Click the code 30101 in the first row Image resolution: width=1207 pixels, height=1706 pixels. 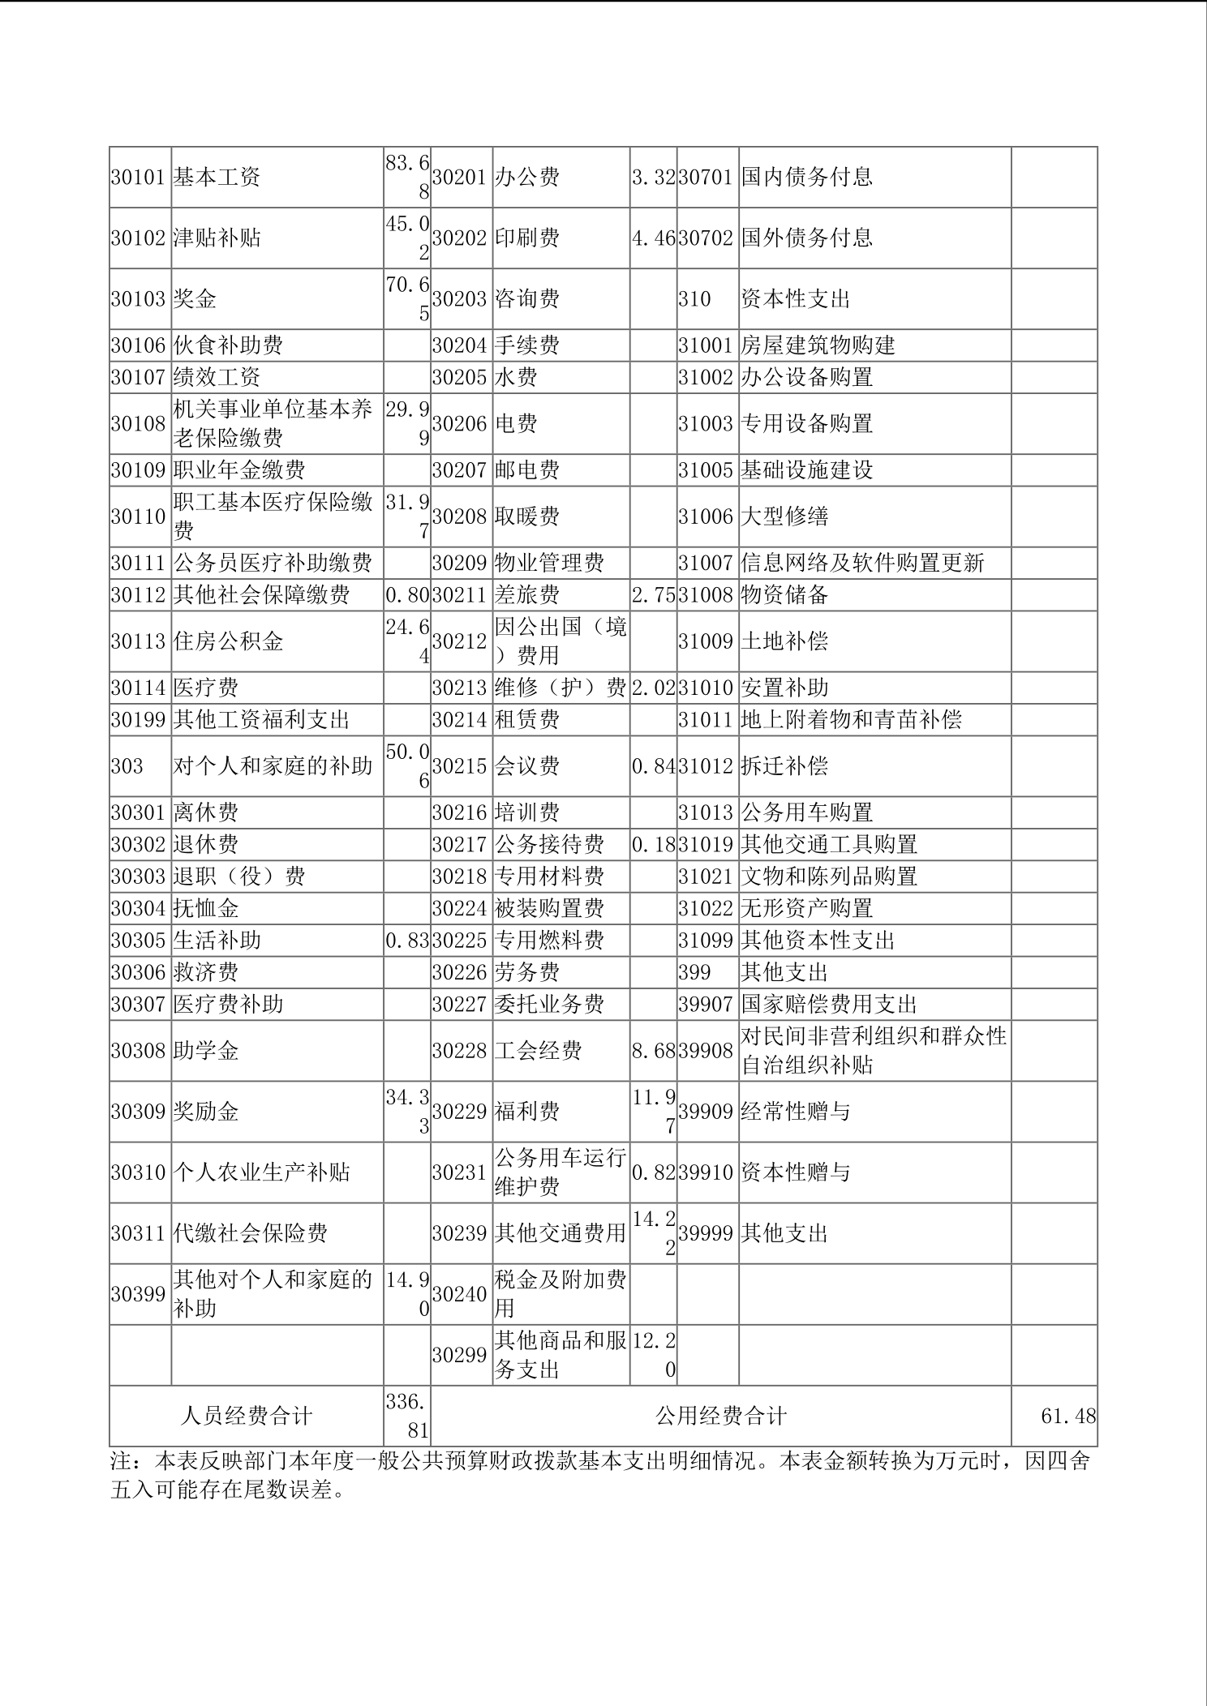point(138,177)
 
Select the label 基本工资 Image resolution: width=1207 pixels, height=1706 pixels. point(217,177)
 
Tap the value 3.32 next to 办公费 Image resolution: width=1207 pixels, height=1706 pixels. point(653,177)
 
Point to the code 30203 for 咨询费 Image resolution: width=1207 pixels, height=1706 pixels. point(459,298)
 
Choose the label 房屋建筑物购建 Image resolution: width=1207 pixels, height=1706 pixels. point(818,345)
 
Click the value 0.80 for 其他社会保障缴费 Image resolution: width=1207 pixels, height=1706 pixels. point(406,594)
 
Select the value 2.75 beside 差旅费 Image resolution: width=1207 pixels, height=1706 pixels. point(653,594)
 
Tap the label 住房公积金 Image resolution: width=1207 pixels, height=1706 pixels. point(228,641)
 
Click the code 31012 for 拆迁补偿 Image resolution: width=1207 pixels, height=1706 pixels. point(706,766)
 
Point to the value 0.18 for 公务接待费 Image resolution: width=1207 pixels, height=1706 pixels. point(653,844)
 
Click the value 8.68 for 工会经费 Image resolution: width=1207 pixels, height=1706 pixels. point(653,1051)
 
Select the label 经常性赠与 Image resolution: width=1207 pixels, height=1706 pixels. point(795,1111)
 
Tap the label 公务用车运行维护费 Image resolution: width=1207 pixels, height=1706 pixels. point(560,1172)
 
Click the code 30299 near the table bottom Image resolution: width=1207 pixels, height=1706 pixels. point(459,1355)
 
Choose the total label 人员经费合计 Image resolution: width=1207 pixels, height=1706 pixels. point(246,1416)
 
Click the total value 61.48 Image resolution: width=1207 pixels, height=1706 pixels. point(1067,1416)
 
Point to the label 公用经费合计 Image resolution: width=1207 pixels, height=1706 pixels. point(721,1416)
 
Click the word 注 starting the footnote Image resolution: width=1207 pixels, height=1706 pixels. point(121,1461)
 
